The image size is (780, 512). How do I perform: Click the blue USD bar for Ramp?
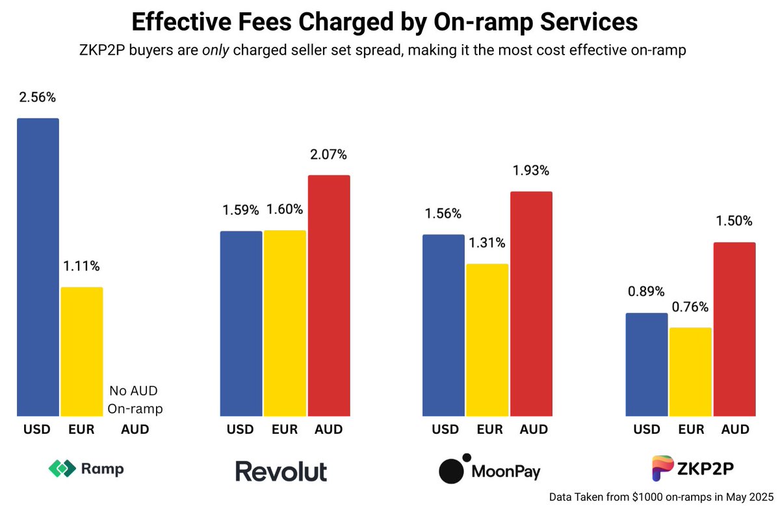[38, 267]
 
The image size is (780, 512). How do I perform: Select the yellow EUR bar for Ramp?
[82, 351]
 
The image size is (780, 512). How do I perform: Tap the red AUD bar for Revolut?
[329, 295]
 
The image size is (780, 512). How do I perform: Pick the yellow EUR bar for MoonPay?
[487, 340]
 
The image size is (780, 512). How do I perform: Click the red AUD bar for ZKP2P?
[734, 329]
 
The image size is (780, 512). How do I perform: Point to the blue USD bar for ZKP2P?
[646, 364]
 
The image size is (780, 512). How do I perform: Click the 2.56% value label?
[38, 98]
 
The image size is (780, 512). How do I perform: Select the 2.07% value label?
[329, 155]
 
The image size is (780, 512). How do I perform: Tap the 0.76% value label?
[690, 307]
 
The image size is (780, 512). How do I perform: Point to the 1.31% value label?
[487, 243]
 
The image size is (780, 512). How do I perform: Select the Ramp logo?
[86, 468]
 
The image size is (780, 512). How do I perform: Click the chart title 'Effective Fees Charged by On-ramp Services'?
[384, 22]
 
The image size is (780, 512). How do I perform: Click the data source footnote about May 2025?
[661, 497]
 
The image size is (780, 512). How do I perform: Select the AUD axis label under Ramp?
[135, 429]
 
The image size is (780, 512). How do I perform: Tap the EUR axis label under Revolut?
[285, 429]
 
